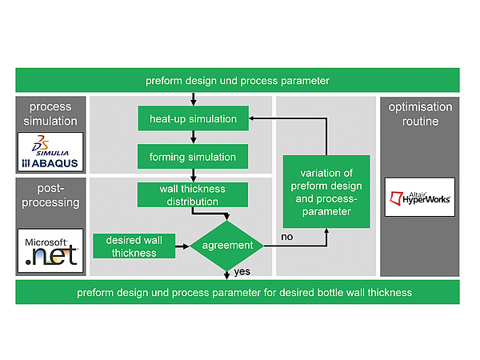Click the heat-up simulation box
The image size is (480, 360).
tap(193, 119)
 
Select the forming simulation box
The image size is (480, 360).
tap(193, 157)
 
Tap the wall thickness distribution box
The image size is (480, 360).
tap(193, 195)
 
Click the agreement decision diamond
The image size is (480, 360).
tap(228, 246)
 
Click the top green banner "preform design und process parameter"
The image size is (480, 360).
tap(238, 81)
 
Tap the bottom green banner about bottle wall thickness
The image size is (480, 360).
tap(238, 293)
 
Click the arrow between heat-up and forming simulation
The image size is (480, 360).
tap(193, 138)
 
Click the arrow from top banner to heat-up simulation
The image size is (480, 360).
tap(193, 99)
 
